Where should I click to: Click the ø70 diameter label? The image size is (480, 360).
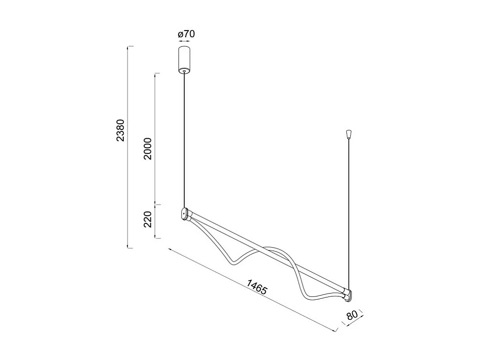click(186, 34)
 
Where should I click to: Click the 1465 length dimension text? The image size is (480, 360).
click(257, 287)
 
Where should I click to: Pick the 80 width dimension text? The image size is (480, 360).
click(352, 316)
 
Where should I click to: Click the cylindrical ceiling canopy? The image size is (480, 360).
click(184, 58)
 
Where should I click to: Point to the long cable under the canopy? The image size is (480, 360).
click(184, 139)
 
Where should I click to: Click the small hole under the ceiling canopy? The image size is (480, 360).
click(184, 71)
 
